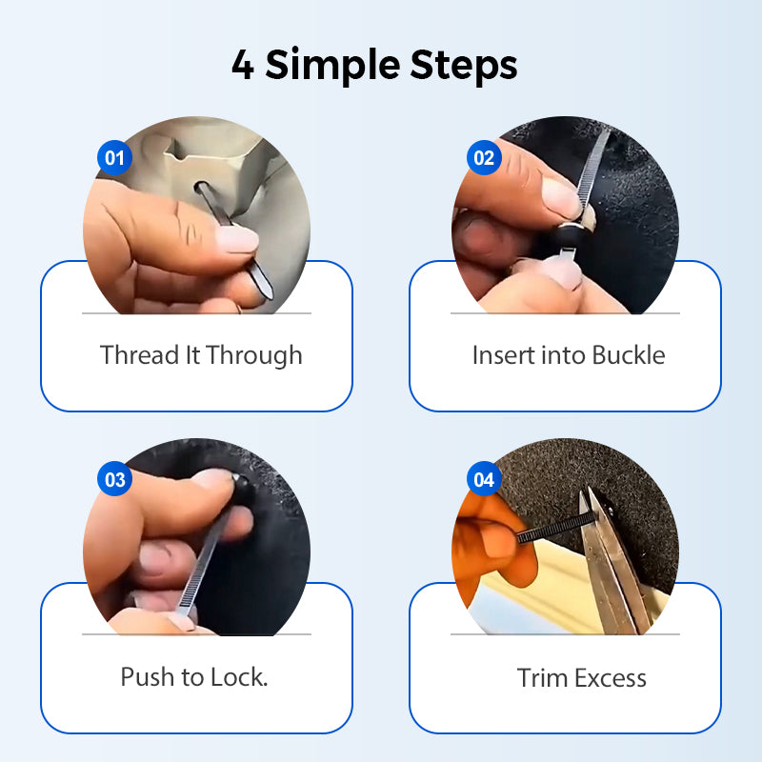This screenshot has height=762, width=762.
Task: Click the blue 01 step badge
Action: coord(114,157)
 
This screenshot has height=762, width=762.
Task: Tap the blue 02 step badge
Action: coord(484,157)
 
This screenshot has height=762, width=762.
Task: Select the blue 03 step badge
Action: coord(114,479)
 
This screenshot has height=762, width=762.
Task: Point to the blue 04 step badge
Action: coord(484,479)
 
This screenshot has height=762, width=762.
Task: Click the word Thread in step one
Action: coord(140,354)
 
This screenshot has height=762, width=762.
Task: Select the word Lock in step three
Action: coord(239,676)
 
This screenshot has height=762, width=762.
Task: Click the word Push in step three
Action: coord(148,676)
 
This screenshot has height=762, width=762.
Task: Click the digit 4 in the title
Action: coord(243,65)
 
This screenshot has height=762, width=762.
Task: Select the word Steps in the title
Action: coord(464,66)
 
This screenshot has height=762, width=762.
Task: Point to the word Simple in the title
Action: coord(332,66)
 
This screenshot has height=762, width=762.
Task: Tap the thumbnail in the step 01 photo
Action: coord(236,240)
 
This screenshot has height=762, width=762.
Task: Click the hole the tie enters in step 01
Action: coord(201,187)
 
